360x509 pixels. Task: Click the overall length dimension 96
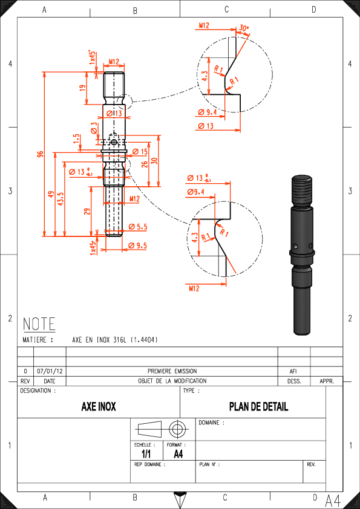click(40, 154)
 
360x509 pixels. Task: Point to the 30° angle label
click(244, 28)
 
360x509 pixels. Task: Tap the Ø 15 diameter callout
click(140, 152)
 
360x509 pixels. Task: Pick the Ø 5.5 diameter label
click(138, 227)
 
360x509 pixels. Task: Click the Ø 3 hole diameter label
click(94, 128)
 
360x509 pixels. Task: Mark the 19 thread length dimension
click(82, 88)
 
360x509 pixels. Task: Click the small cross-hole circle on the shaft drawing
click(114, 142)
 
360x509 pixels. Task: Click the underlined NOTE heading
click(39, 324)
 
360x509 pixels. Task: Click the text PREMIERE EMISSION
click(172, 371)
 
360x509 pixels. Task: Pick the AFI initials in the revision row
click(293, 371)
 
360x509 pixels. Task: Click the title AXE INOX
click(99, 406)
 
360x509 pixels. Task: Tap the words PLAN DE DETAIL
click(258, 406)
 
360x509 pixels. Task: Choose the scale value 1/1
click(146, 454)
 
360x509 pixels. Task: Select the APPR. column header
click(327, 381)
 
